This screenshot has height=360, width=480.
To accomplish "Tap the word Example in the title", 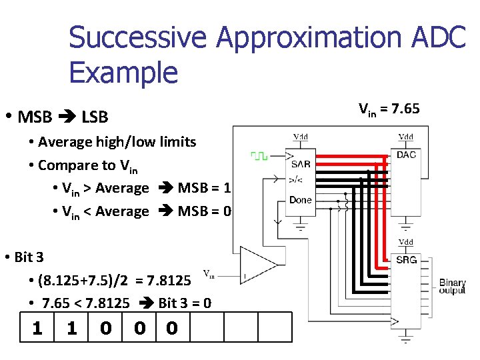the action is point(123,72).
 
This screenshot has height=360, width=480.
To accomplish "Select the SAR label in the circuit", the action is point(300,164).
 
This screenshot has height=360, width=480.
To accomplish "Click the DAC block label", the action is point(406,155).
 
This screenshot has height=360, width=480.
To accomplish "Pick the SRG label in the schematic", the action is point(406,259).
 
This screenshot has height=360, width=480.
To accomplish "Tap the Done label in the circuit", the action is point(300,200).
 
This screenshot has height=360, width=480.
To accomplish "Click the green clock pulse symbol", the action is point(259,156).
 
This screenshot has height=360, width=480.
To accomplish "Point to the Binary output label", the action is point(452,287).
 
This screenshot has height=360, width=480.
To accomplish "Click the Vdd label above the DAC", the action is point(405,137).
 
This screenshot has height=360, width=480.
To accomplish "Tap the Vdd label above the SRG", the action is point(405,241).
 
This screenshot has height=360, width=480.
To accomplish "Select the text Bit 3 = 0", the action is point(185,303).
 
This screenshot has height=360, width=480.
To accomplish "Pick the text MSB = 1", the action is point(205,188).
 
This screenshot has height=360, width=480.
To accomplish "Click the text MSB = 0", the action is point(205,211).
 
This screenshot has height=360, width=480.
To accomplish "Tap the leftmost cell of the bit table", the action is point(37,328).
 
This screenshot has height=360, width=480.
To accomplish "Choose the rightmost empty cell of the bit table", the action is point(275,328).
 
